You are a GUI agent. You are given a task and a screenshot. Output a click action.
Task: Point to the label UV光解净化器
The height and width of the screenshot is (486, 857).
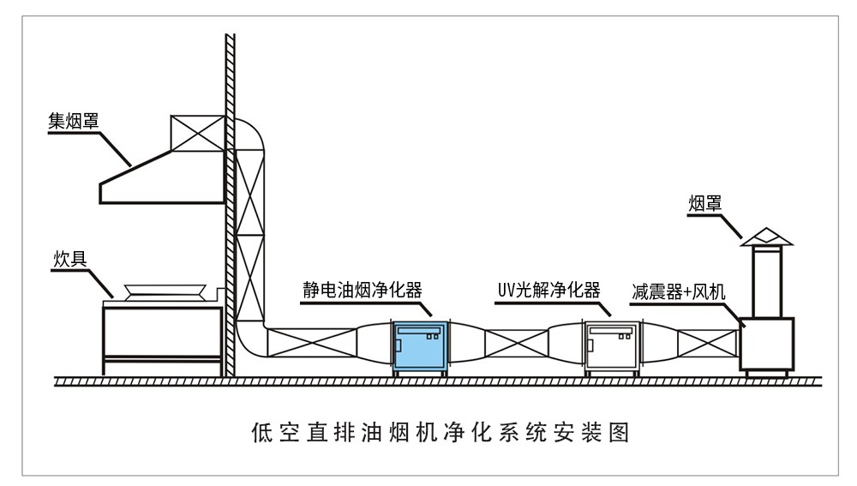pos(548,289)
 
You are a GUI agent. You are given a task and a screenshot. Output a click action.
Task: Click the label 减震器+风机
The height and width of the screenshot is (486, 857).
pos(678,291)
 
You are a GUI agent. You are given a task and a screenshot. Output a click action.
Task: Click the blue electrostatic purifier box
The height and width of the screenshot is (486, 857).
pos(420,346)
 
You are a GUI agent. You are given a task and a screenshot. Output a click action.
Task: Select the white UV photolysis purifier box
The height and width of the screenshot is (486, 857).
pos(612,346)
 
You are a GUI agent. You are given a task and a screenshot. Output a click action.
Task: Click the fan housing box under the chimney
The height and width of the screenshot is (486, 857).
pos(767,343)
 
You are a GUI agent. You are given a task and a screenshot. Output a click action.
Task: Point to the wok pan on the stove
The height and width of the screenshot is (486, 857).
pos(164,292)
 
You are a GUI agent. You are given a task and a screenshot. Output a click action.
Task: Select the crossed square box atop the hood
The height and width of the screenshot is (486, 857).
pos(196,132)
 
